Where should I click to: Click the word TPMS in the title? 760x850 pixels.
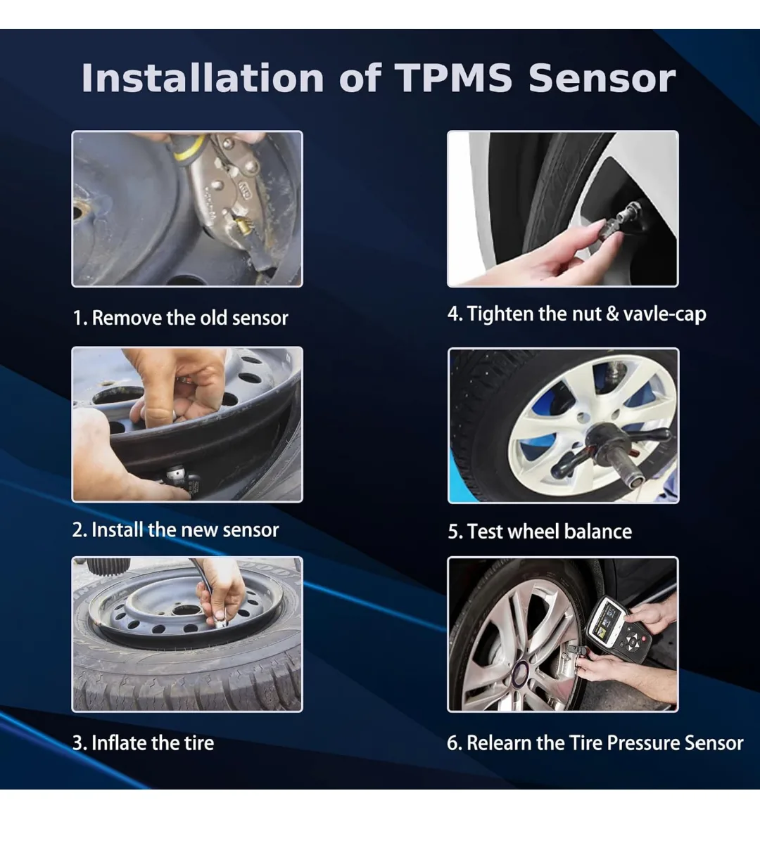pos(453,78)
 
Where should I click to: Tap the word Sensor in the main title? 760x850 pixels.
pos(602,78)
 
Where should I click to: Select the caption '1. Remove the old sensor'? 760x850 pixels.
pos(181,318)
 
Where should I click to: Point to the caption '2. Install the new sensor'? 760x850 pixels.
pos(176,529)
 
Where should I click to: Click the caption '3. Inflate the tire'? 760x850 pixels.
pos(144,743)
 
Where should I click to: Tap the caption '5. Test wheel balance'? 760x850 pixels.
pos(540,532)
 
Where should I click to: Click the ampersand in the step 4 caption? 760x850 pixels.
pos(612,314)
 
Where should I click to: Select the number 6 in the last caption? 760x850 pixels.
pos(452,743)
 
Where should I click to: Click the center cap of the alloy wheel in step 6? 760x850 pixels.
pos(522,670)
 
